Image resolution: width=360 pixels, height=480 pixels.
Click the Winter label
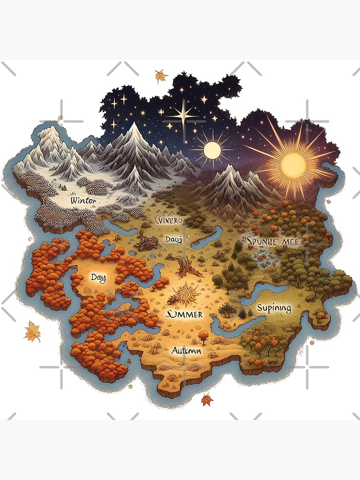click(83, 200)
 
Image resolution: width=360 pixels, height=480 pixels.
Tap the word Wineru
click(169, 220)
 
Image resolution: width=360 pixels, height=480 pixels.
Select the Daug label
click(173, 239)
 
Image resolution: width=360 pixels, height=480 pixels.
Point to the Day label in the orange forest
click(98, 277)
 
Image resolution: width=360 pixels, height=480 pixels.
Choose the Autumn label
click(186, 351)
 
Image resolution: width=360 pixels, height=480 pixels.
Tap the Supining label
click(274, 308)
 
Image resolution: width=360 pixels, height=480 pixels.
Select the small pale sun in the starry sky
click(212, 150)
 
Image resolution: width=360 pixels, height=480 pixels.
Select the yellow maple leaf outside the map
click(32, 332)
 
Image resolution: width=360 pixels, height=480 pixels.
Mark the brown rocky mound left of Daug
click(144, 241)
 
